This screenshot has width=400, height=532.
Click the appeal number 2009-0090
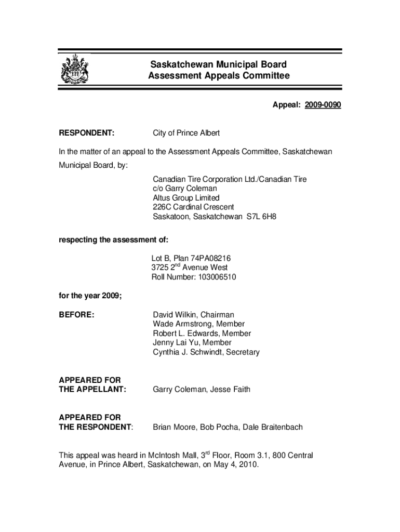tap(323, 105)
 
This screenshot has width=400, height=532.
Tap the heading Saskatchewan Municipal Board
tap(218, 65)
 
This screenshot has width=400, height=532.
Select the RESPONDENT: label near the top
tap(87, 133)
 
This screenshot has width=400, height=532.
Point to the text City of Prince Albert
tap(186, 133)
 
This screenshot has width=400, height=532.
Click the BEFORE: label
tap(76, 315)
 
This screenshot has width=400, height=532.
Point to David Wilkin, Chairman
tap(193, 315)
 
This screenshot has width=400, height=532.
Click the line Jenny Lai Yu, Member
tap(192, 343)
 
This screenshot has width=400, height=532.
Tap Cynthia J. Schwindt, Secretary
tap(206, 352)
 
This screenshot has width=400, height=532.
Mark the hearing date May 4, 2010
tap(235, 465)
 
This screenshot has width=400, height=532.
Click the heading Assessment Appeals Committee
tap(218, 76)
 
